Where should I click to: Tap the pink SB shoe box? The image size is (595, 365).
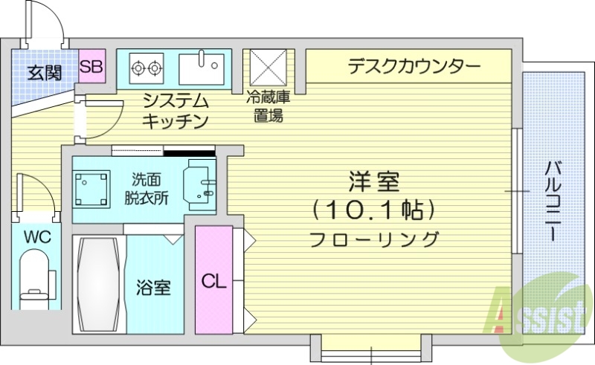[x=91, y=68]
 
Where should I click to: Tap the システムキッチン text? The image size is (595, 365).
[x=176, y=110]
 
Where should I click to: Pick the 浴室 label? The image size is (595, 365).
[x=154, y=287]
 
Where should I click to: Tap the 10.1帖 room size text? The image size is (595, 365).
[x=373, y=210]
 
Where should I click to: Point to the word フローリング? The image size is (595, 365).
[x=373, y=239]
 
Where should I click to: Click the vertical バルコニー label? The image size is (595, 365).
[x=554, y=201]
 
